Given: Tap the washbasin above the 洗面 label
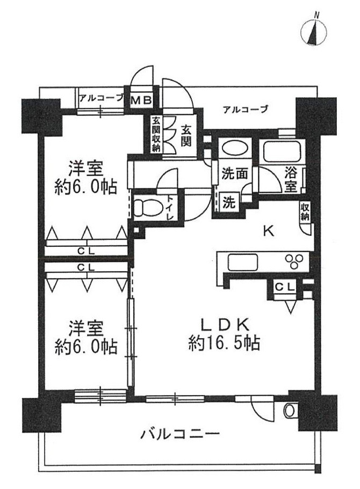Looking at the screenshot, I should pos(233,150).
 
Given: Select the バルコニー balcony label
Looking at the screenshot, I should pos(181,433).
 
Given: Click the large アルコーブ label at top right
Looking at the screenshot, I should pos(245,109).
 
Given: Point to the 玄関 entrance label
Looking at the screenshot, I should pos(187,136).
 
